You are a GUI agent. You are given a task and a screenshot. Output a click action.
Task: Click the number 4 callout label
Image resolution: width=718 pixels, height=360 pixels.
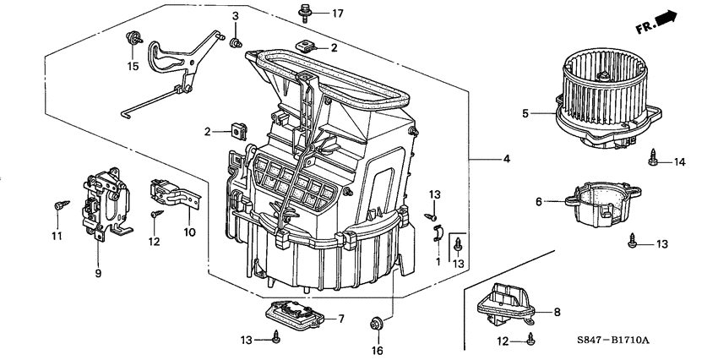506,159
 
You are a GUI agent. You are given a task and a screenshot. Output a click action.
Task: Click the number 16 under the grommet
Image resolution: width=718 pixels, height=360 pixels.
377,350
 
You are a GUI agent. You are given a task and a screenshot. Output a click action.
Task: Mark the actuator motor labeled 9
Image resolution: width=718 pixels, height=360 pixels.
104,200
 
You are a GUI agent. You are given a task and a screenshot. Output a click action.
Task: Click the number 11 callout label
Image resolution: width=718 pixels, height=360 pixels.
57,236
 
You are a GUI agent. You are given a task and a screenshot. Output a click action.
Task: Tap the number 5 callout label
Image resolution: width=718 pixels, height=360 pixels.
525,112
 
